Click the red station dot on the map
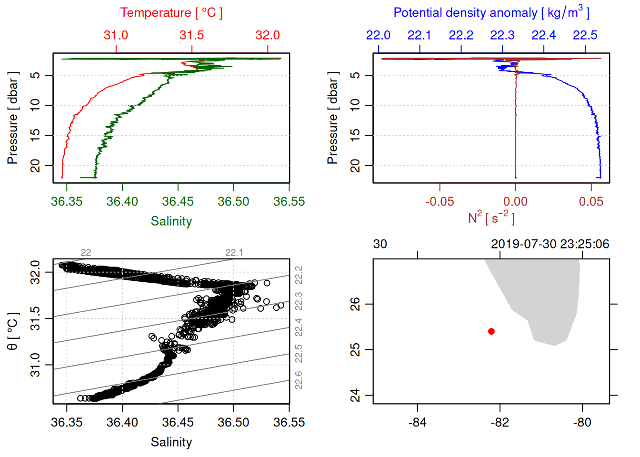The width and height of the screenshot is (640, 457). pyautogui.click(x=491, y=331)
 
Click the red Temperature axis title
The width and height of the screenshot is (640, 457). pyautogui.click(x=171, y=13)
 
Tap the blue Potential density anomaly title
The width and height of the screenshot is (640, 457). pyautogui.click(x=491, y=13)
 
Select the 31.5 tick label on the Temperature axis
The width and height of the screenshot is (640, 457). pyautogui.click(x=191, y=35)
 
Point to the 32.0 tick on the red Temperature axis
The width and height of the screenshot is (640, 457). pyautogui.click(x=268, y=35)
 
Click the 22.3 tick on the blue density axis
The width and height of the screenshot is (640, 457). pyautogui.click(x=502, y=35)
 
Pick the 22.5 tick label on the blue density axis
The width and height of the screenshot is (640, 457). pyautogui.click(x=585, y=35)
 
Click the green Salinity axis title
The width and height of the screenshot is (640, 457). pyautogui.click(x=171, y=221)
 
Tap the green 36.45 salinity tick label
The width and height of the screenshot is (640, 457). pyautogui.click(x=178, y=201)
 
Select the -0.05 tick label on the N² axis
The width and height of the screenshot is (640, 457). pyautogui.click(x=440, y=201)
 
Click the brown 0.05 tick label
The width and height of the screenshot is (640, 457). pyautogui.click(x=591, y=201)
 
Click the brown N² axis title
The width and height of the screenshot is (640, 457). pyautogui.click(x=491, y=218)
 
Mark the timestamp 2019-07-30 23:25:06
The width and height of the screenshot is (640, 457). pyautogui.click(x=550, y=244)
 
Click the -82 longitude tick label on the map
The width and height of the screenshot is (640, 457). pyautogui.click(x=500, y=422)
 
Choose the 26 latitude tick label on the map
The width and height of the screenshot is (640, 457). pyautogui.click(x=355, y=304)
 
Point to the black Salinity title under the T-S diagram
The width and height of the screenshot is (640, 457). pyautogui.click(x=171, y=442)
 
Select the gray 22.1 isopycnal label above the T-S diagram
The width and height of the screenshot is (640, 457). pyautogui.click(x=234, y=253)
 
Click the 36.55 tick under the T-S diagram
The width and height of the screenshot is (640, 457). pyautogui.click(x=289, y=422)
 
